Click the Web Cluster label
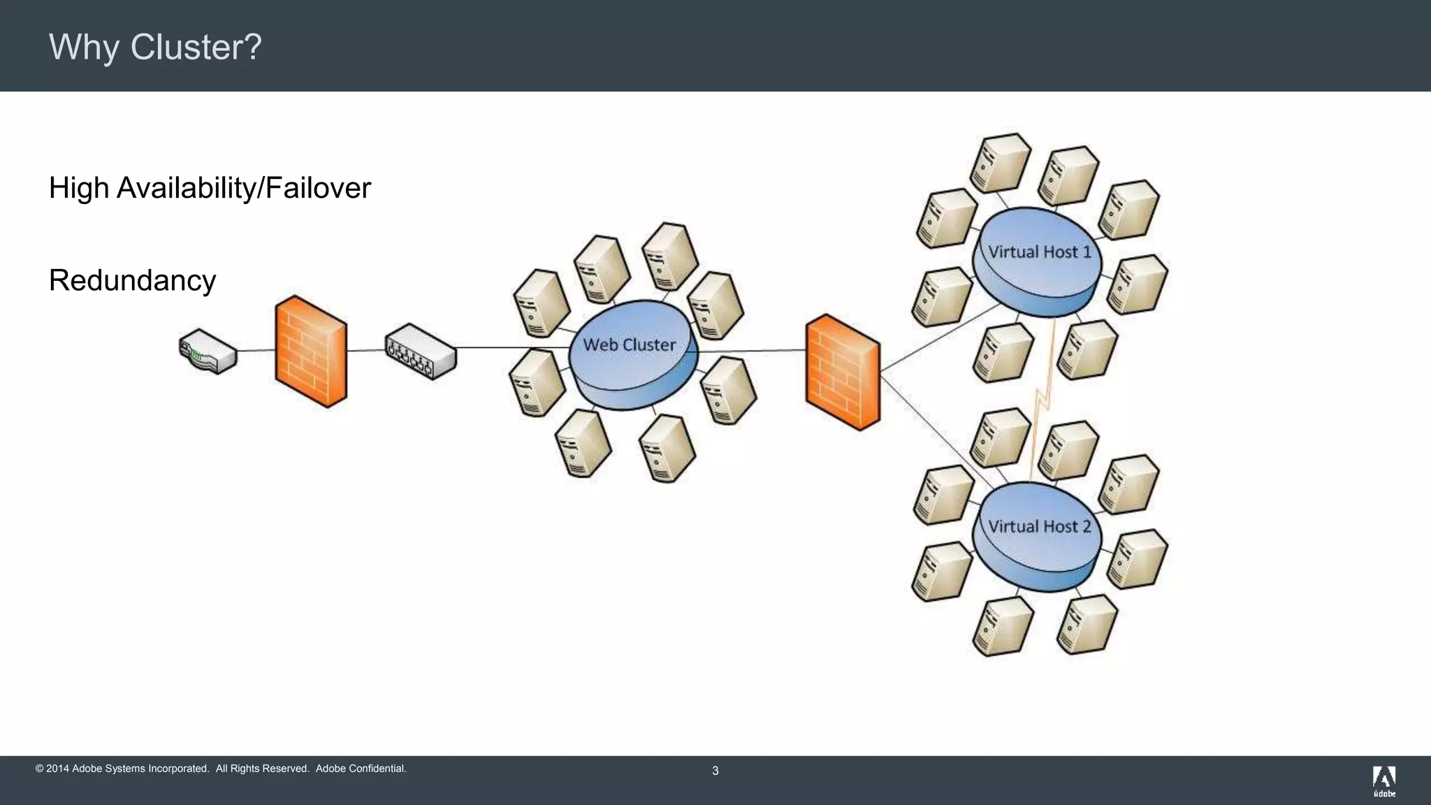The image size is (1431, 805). (x=629, y=345)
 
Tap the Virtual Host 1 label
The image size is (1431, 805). (x=1039, y=252)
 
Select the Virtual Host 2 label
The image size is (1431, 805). (x=1039, y=526)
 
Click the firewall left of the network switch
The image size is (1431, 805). (x=311, y=351)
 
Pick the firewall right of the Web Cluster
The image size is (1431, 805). (x=843, y=372)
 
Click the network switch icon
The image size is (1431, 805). (x=421, y=351)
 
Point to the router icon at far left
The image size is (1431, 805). (x=208, y=351)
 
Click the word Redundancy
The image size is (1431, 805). (x=132, y=280)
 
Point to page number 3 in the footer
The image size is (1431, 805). (x=715, y=771)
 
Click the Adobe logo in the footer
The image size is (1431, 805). (x=1383, y=781)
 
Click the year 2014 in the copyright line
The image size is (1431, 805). (x=57, y=769)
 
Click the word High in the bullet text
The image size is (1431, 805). (x=78, y=188)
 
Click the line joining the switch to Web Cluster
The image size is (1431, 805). (x=514, y=347)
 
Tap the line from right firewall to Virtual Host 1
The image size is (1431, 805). (x=936, y=339)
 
